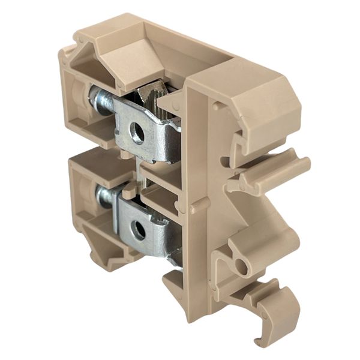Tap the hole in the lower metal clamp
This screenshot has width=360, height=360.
139,230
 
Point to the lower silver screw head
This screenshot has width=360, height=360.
104,196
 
